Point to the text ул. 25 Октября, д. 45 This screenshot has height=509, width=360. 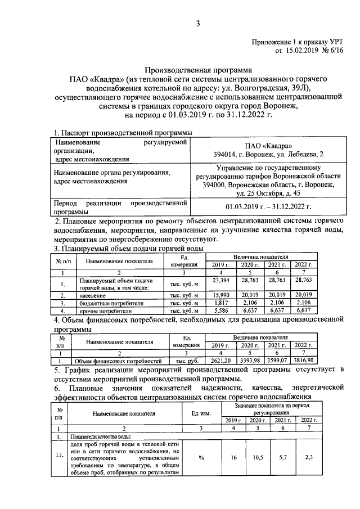coord(272,192)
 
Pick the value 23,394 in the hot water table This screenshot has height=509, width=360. coord(220,280)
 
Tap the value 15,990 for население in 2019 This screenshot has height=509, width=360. coord(220,294)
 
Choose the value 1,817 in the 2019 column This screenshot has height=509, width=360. coord(220,302)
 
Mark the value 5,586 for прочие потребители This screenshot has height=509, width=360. coord(220,310)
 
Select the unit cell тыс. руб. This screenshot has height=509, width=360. coord(183,361)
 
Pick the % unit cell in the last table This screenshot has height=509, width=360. coord(201,458)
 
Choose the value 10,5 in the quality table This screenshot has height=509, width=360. coord(258,458)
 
